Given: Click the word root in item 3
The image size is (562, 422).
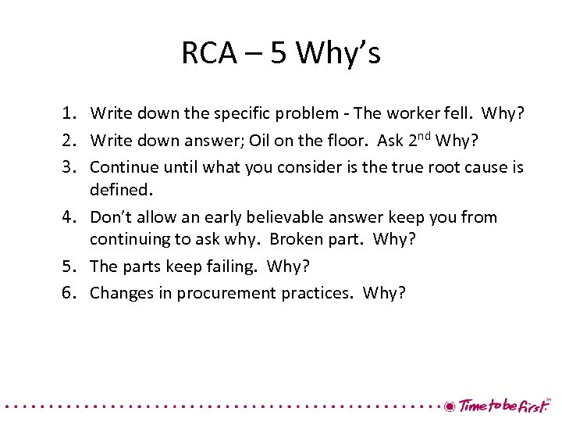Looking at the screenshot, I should tap(434, 167).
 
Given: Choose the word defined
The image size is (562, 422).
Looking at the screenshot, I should tap(119, 189).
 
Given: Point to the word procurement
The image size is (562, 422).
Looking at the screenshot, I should tap(226, 294).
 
